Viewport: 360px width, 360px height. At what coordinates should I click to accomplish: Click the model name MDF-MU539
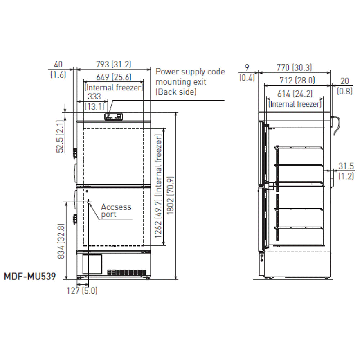(x=30, y=276)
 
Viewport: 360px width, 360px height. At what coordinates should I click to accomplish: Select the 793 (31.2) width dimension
(x=114, y=64)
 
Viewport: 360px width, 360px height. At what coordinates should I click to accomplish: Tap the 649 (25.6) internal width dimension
(x=114, y=77)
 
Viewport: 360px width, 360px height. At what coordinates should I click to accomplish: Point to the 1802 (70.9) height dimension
(x=171, y=196)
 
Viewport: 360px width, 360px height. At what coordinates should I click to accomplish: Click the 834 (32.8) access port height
(x=61, y=241)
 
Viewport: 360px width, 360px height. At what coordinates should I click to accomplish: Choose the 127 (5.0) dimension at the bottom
(x=82, y=291)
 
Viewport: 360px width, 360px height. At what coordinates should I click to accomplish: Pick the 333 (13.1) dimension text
(x=94, y=101)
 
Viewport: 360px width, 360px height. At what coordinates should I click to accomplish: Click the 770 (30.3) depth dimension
(x=294, y=67)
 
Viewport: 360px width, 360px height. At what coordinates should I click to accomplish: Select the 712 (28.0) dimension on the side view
(x=297, y=80)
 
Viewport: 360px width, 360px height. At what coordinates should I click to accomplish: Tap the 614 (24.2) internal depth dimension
(x=295, y=94)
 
